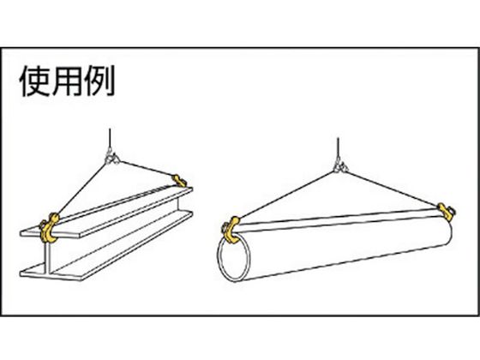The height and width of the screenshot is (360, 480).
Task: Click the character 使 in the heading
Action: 34,81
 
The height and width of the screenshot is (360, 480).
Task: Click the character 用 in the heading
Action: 67,81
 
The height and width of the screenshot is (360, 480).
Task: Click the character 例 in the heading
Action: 99,81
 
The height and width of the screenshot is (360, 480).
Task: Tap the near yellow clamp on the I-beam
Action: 50,228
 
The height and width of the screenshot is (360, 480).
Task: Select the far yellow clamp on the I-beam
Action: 179,181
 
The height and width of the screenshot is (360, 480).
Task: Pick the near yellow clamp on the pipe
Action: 231,230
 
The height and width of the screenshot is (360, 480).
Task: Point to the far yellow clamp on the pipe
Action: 447,211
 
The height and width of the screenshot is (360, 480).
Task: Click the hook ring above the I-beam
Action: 112,159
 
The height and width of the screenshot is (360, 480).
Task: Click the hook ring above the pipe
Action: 340,167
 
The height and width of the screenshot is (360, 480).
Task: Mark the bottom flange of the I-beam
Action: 106,246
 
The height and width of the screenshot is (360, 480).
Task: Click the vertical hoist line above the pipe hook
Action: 338,149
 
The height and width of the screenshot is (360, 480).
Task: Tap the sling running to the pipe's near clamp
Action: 286,195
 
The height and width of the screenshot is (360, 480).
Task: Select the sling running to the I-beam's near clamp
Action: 81,188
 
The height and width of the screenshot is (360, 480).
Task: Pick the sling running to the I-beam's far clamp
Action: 146,168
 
